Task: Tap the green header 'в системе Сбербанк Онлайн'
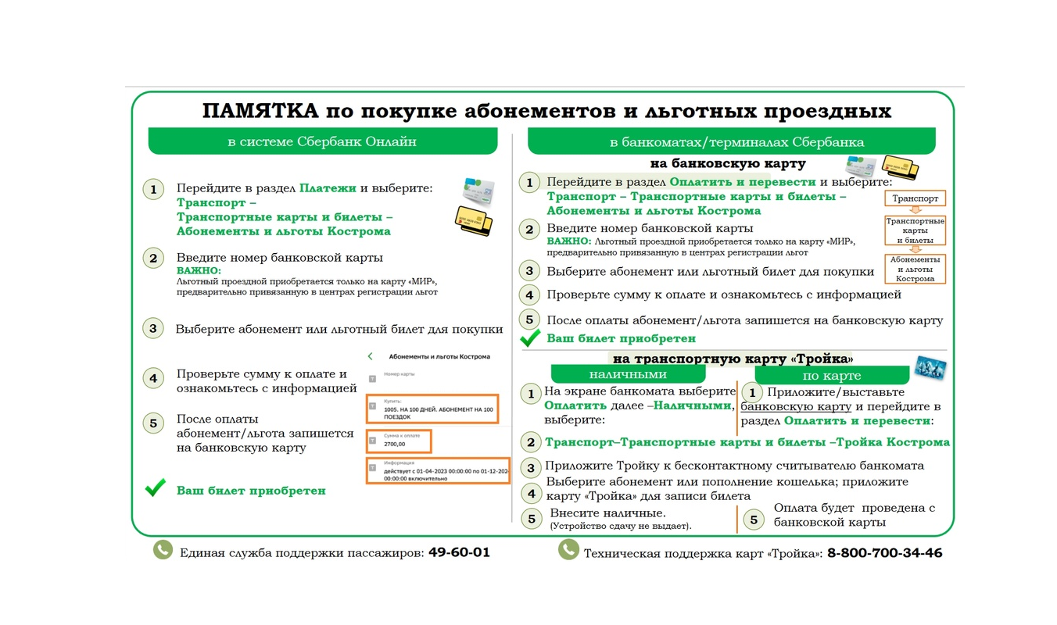[x=322, y=141]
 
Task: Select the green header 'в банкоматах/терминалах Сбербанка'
[x=736, y=142]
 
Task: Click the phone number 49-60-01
[x=459, y=552]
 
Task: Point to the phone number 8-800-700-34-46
[x=884, y=553]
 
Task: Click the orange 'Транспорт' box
[x=915, y=198]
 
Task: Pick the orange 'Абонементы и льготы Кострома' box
[x=915, y=269]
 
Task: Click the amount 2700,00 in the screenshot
[x=395, y=444]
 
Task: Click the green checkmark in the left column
[x=156, y=488]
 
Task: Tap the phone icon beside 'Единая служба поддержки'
[x=162, y=550]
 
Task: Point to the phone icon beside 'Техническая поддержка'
[x=568, y=550]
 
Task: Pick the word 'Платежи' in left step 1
[x=328, y=188]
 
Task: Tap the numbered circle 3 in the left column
[x=153, y=328]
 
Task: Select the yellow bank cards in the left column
[x=474, y=222]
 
